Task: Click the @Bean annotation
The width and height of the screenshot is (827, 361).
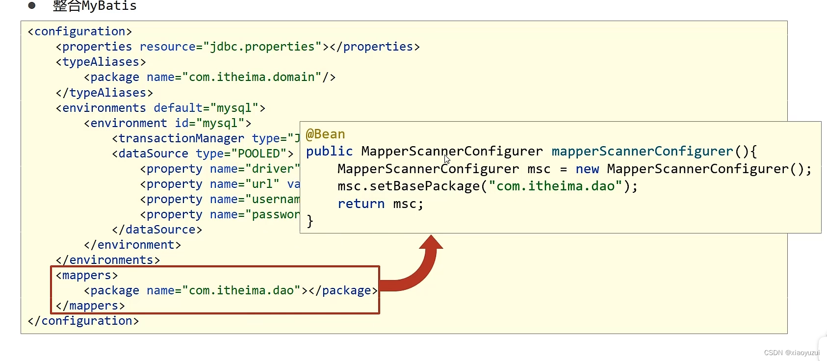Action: click(325, 134)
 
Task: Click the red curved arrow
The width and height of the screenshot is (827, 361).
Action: click(417, 270)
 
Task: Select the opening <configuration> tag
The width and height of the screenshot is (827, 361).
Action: click(80, 31)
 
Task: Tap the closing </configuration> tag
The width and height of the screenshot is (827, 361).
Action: click(83, 321)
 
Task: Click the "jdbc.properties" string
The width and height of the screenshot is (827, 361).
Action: click(262, 47)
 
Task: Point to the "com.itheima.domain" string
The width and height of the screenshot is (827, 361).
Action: click(252, 77)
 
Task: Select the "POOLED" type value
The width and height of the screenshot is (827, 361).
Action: click(259, 154)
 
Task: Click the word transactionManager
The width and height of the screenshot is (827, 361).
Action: click(181, 138)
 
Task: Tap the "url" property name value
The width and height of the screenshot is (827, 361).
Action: click(262, 184)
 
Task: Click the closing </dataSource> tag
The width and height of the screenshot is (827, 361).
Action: click(157, 230)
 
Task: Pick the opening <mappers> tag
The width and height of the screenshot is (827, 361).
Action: click(87, 275)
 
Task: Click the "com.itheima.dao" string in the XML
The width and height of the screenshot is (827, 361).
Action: click(241, 290)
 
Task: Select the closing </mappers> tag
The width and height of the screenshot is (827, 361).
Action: click(90, 306)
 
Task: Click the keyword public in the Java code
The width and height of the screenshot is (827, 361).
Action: click(329, 152)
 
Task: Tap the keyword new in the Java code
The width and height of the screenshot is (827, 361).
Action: click(587, 169)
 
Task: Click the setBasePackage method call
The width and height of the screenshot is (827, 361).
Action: click(424, 186)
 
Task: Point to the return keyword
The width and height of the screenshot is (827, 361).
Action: click(361, 204)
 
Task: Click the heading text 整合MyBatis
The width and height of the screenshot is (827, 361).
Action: click(95, 6)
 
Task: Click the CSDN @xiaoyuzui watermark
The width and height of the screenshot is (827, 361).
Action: click(792, 353)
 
